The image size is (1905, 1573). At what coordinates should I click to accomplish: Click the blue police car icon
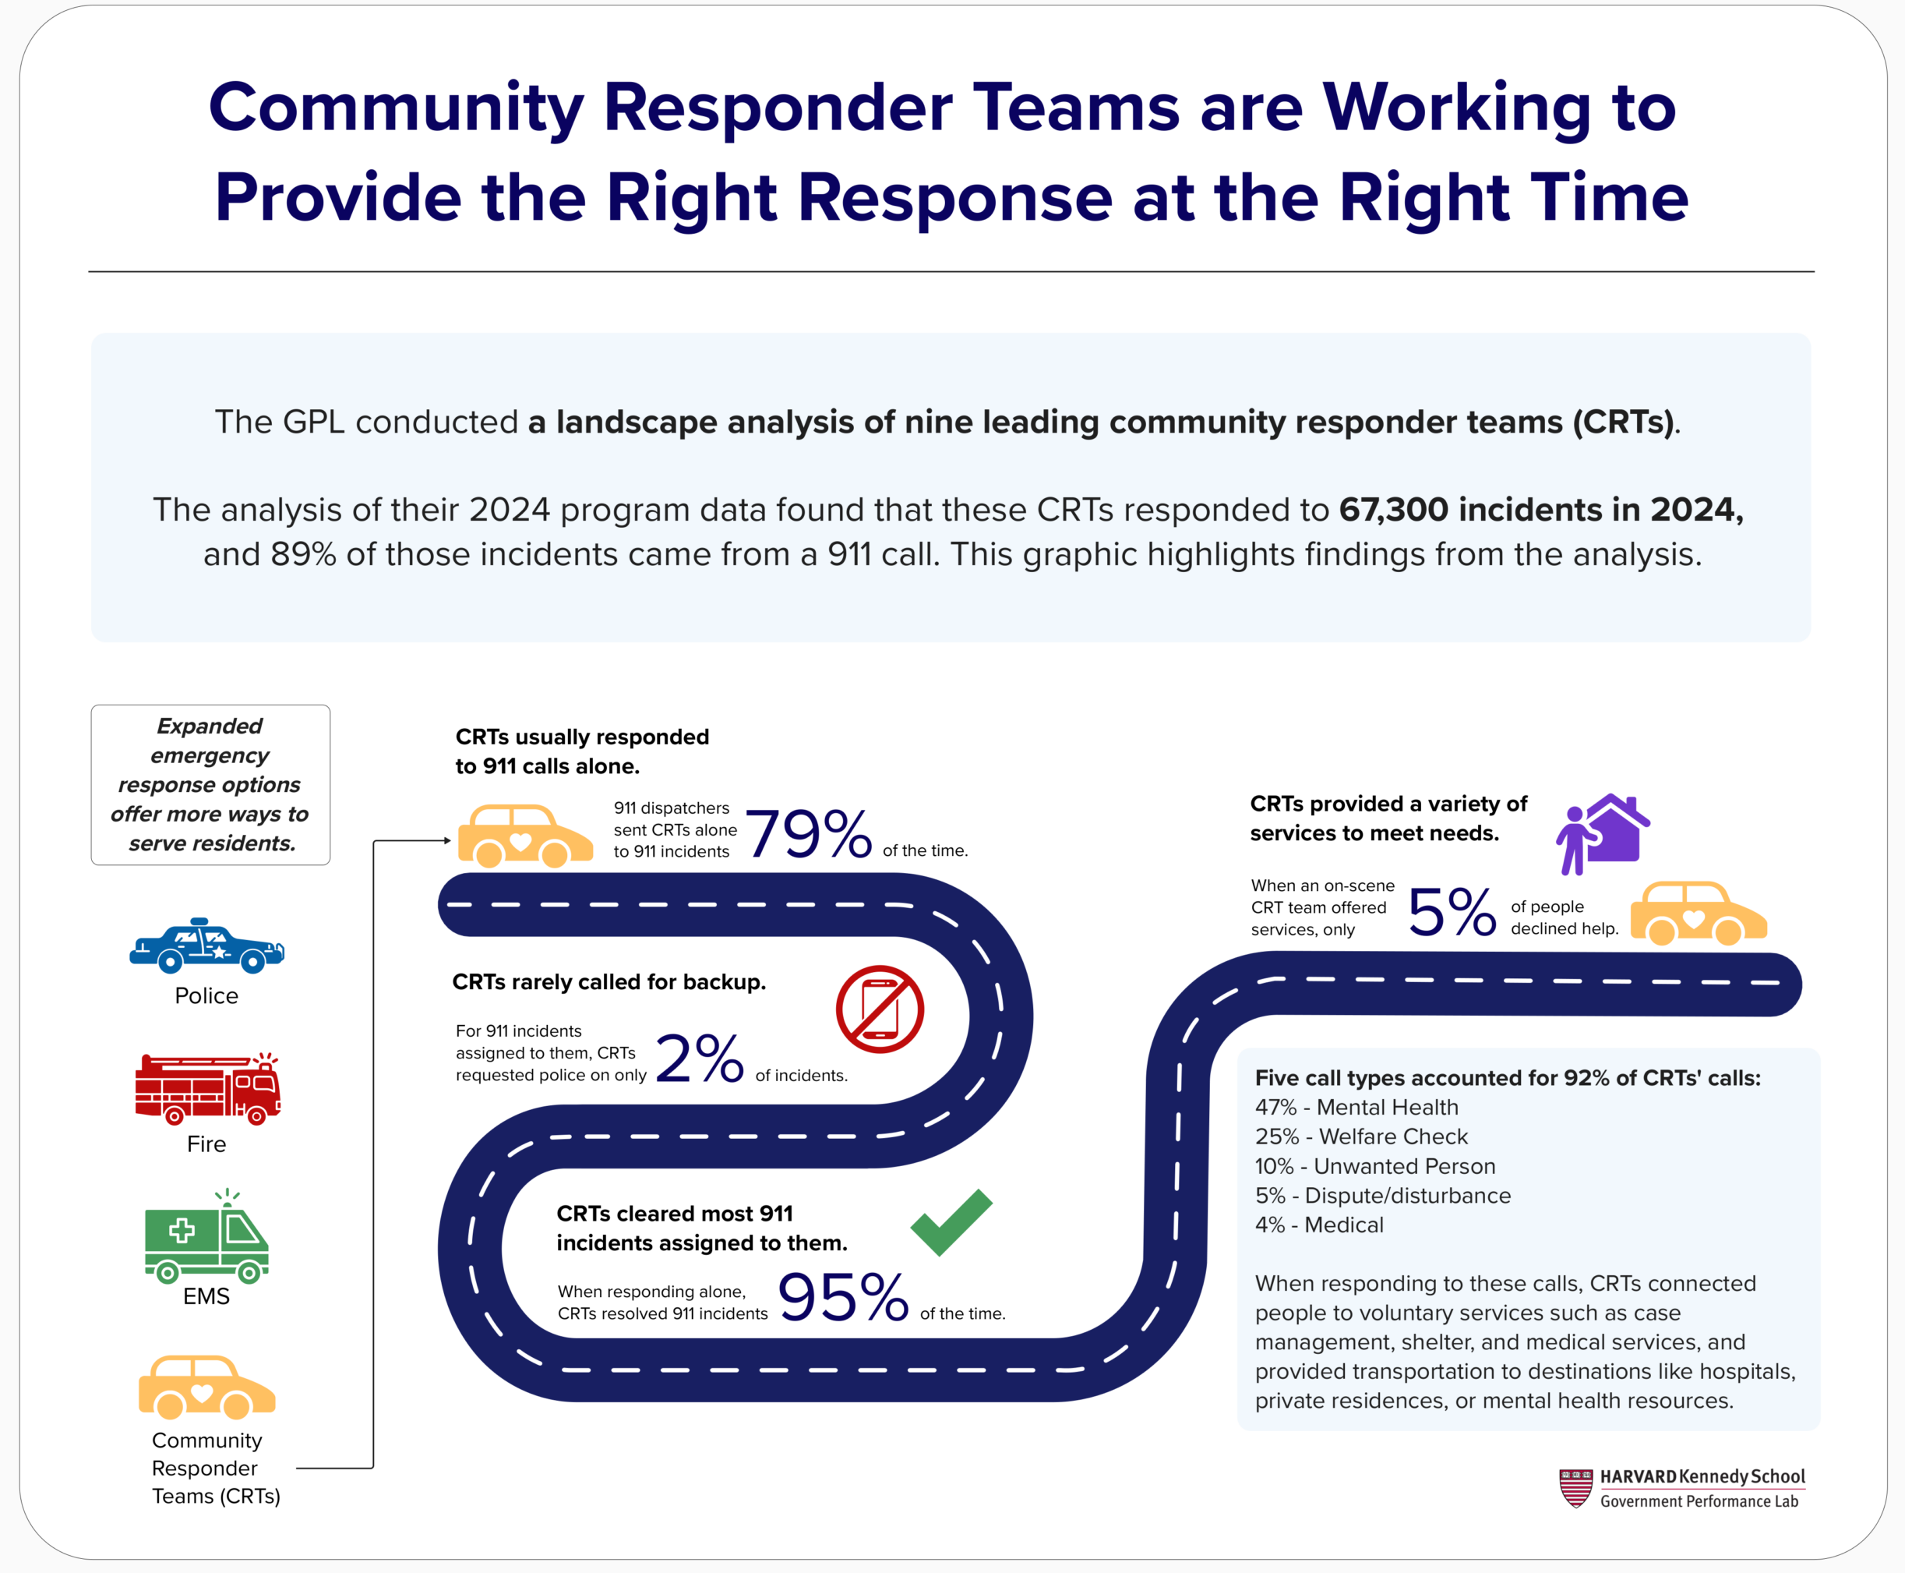pyautogui.click(x=206, y=946)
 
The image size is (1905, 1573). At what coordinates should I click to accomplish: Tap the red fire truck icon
pyautogui.click(x=207, y=1089)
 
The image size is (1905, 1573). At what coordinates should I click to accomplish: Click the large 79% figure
pyautogui.click(x=808, y=833)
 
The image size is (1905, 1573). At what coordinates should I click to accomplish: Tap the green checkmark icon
pyautogui.click(x=951, y=1222)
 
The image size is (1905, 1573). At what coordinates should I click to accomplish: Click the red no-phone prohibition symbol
pyautogui.click(x=880, y=1009)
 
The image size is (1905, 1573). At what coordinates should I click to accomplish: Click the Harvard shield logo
pyautogui.click(x=1575, y=1488)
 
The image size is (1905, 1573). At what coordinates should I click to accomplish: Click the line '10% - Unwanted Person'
pyautogui.click(x=1374, y=1166)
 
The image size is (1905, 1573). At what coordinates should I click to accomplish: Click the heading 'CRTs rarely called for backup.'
pyautogui.click(x=609, y=982)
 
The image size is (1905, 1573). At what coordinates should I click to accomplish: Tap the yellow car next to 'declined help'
pyautogui.click(x=1698, y=914)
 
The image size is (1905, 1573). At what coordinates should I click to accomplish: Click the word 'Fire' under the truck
pyautogui.click(x=206, y=1144)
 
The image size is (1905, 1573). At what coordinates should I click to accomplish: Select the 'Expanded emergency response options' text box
pyautogui.click(x=210, y=785)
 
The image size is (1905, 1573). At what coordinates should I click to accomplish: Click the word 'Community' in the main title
pyautogui.click(x=396, y=108)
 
